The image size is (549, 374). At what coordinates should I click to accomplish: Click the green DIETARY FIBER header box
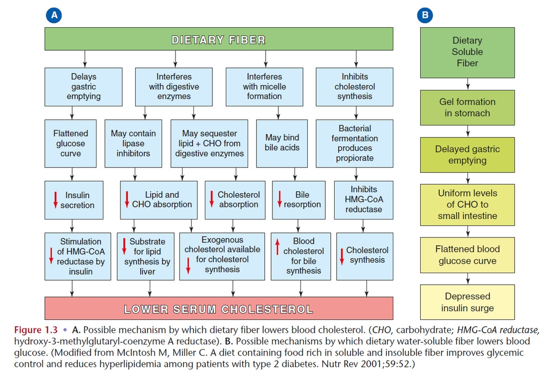[218, 39]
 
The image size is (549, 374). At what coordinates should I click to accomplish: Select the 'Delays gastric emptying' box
[84, 87]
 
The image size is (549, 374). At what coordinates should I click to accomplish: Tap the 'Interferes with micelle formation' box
[265, 87]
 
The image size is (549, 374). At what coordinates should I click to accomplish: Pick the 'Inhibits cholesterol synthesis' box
[355, 87]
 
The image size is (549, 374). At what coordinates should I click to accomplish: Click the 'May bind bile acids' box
[282, 143]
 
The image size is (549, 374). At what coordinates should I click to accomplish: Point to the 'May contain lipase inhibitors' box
[133, 144]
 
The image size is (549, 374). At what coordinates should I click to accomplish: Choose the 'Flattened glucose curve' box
[71, 144]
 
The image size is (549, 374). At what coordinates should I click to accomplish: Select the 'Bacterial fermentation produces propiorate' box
[355, 144]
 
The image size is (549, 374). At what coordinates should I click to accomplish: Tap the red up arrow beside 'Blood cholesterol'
[278, 246]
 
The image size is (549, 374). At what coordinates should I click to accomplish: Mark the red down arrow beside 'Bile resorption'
[279, 199]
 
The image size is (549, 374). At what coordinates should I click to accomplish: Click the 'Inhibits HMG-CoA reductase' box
[364, 200]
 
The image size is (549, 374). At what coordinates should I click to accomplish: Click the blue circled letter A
[54, 15]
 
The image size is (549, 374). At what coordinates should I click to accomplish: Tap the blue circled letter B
[425, 15]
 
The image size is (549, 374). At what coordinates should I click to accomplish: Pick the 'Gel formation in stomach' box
[467, 107]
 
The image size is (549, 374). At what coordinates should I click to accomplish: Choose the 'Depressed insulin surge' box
[467, 302]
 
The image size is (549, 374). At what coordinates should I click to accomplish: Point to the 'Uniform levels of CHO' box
[467, 205]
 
